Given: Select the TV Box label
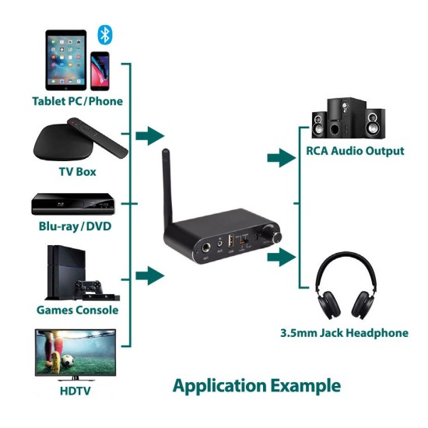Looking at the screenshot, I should point(77,171).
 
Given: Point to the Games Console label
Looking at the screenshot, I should point(77,310).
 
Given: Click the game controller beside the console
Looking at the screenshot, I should point(89,289).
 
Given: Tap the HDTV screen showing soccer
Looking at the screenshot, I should point(75,353).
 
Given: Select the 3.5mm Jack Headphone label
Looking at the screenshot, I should point(344,333).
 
